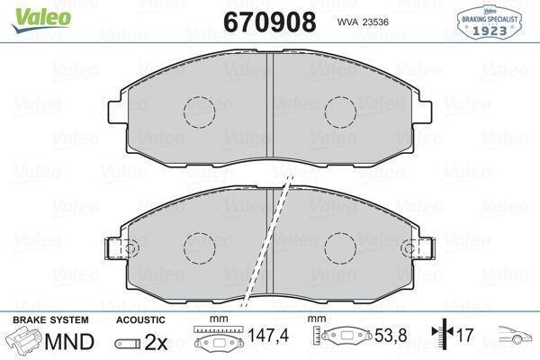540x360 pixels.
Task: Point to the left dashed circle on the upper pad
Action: click(x=200, y=112)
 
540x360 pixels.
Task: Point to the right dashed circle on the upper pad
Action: click(x=341, y=112)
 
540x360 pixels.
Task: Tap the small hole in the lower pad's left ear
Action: click(x=128, y=247)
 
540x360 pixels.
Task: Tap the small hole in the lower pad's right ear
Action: click(x=414, y=247)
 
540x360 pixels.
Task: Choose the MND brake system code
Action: click(x=68, y=342)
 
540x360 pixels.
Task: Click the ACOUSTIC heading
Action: click(x=140, y=319)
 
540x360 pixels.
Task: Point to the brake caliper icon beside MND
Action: click(x=25, y=342)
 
